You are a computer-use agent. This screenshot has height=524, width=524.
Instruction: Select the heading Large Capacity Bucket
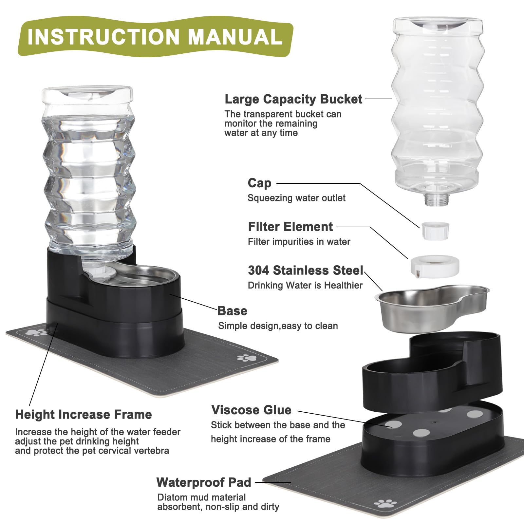coord(293,99)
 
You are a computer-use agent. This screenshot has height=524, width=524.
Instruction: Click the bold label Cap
coord(259,183)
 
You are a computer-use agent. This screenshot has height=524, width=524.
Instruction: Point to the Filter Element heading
coord(290,227)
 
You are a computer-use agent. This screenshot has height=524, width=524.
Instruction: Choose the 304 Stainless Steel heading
coord(306,270)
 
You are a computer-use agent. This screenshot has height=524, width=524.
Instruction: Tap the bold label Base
coord(232,311)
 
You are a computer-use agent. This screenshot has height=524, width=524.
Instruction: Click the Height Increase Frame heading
coord(84,415)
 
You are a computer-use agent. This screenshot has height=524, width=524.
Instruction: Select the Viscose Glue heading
coord(251,410)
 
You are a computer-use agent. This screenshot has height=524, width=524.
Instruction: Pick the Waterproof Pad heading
coord(204,482)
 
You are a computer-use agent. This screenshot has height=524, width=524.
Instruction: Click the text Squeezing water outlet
coord(296,198)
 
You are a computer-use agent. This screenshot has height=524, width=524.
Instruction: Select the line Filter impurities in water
coord(299,242)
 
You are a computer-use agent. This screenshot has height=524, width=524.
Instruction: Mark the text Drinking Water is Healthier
coord(305,285)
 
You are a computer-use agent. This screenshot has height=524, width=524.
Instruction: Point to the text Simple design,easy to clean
coord(278,326)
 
